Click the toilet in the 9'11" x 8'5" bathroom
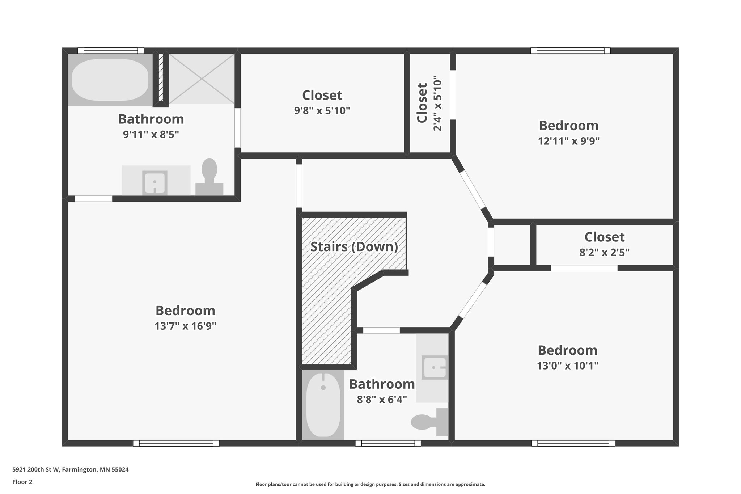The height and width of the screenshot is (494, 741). (209, 177)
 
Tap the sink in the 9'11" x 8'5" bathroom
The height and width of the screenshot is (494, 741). (154, 183)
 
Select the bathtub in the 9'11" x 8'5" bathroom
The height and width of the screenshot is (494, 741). (110, 80)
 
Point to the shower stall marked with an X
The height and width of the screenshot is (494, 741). (202, 79)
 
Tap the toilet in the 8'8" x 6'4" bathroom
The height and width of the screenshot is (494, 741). (429, 422)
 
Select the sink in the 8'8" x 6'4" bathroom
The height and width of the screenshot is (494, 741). (435, 367)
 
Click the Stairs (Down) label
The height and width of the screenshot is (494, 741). (354, 247)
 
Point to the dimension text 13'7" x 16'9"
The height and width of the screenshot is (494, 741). (185, 326)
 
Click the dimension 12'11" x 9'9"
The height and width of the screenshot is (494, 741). (568, 141)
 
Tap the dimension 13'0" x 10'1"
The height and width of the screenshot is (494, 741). (567, 366)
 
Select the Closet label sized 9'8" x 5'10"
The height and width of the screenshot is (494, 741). (322, 96)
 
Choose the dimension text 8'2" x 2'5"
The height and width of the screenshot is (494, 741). (604, 252)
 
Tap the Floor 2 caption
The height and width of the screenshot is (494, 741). (22, 482)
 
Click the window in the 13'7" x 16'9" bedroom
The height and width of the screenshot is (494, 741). (176, 443)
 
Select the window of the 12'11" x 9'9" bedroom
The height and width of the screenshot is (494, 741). (570, 51)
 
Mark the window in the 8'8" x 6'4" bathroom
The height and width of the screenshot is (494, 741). (388, 443)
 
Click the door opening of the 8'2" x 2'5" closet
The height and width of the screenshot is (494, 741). (584, 268)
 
